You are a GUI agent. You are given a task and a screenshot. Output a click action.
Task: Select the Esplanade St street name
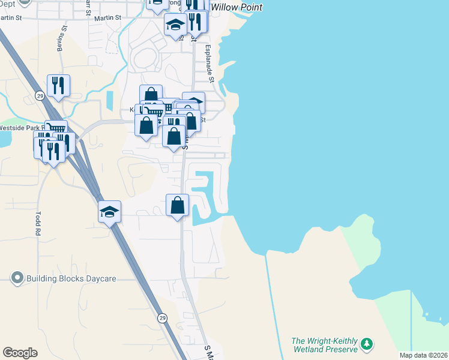coord(209,64)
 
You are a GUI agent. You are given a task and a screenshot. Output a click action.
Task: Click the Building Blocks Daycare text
coord(71,278)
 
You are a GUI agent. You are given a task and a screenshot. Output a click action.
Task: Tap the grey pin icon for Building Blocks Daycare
coord(17,278)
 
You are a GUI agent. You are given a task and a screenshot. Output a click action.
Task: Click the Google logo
coord(20,353)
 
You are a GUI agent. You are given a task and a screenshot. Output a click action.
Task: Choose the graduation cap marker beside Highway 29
coord(109,212)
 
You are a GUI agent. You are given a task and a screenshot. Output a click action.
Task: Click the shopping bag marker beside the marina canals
coord(178,205)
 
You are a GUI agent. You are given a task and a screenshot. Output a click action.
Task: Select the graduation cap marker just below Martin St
coord(175,25)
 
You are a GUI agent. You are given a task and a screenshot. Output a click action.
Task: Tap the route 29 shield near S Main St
coord(162,318)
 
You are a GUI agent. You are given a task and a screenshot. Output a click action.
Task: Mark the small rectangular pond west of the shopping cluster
coord(109,100)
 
